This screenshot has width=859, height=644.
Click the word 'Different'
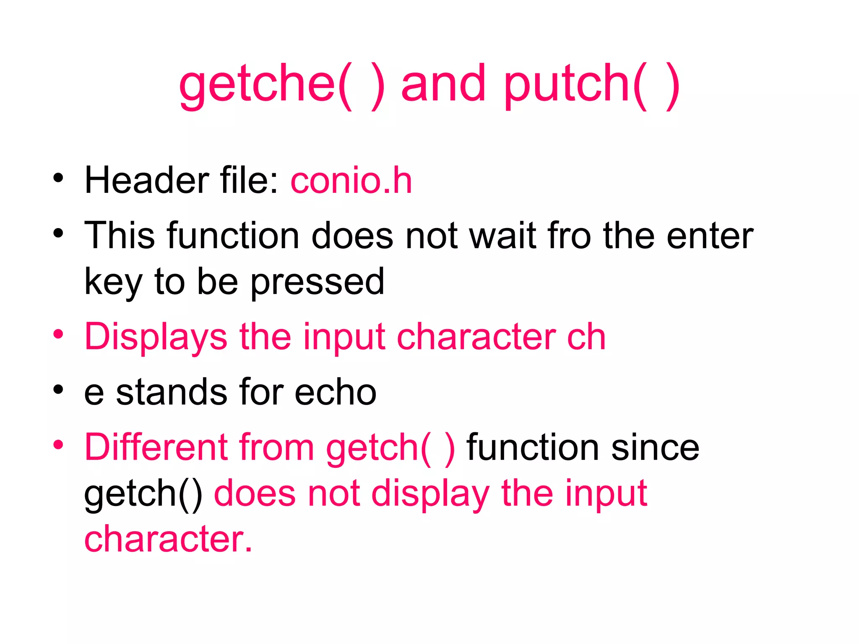point(156,447)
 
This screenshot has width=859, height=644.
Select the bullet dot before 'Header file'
point(58,178)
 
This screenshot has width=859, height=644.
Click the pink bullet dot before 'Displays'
point(58,334)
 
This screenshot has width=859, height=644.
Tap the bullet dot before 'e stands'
point(58,390)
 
